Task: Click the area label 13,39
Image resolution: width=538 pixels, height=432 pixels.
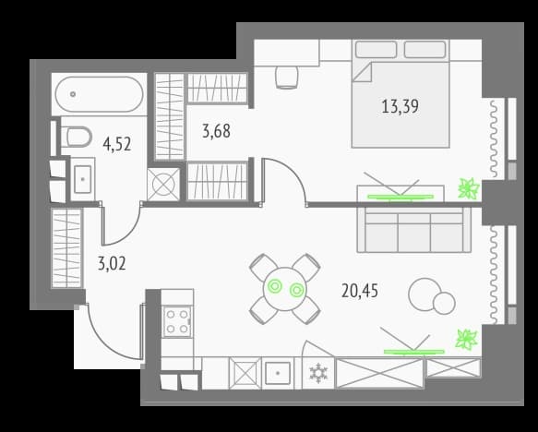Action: tap(401, 106)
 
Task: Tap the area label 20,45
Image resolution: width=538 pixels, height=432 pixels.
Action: tap(360, 291)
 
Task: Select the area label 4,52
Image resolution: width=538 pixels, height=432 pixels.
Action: tap(117, 144)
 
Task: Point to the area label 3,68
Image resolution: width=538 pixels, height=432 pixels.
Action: tap(216, 131)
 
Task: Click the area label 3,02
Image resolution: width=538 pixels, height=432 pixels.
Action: tap(112, 264)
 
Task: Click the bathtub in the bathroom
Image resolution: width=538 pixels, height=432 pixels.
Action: tap(100, 94)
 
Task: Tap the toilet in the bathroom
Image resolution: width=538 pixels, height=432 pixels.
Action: tap(76, 137)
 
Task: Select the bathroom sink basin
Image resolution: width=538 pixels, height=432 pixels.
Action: tap(83, 179)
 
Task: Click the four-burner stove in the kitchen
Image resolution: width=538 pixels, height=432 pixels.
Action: tap(177, 322)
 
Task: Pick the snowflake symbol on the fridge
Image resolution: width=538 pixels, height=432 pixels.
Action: tap(318, 374)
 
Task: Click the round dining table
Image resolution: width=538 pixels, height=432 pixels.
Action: tap(285, 289)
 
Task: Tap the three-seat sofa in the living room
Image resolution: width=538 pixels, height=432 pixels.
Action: tap(414, 230)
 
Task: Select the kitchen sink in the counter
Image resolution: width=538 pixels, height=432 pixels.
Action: tap(278, 373)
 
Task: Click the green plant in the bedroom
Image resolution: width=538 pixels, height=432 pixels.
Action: tap(469, 188)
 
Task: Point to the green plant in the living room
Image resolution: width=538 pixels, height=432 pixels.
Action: tap(467, 340)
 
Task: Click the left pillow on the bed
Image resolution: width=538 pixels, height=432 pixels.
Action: tap(377, 50)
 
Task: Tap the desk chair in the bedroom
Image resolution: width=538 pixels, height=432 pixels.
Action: tap(286, 78)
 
